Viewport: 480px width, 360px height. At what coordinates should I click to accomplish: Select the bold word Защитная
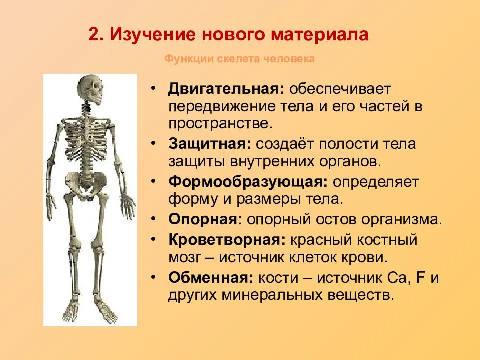(x=209, y=144)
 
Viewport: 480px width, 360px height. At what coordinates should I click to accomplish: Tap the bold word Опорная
(x=202, y=219)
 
